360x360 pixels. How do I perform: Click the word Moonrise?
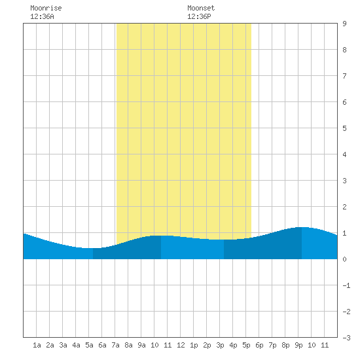click(46, 8)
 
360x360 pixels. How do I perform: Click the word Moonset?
click(201, 8)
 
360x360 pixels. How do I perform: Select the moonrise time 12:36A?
click(42, 16)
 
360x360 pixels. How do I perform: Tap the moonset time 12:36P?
click(199, 16)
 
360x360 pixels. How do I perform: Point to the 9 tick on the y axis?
click(344, 24)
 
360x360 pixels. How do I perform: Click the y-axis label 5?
click(344, 128)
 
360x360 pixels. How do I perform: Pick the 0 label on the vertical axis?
click(344, 259)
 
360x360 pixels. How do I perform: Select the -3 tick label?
click(346, 338)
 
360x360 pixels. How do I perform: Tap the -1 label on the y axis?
click(346, 285)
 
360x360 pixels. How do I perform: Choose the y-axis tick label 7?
click(344, 76)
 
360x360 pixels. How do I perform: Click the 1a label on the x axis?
click(37, 345)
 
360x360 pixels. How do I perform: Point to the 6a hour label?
click(102, 345)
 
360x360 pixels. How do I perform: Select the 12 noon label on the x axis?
click(181, 345)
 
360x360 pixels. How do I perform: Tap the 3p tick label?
click(220, 345)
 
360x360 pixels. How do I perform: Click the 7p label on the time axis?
click(272, 345)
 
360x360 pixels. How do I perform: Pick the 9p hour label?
click(298, 345)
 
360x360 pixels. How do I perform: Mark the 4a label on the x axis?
click(76, 345)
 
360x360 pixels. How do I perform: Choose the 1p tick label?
click(194, 345)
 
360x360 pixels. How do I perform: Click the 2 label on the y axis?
click(344, 207)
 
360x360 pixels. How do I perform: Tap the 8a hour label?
click(128, 345)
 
